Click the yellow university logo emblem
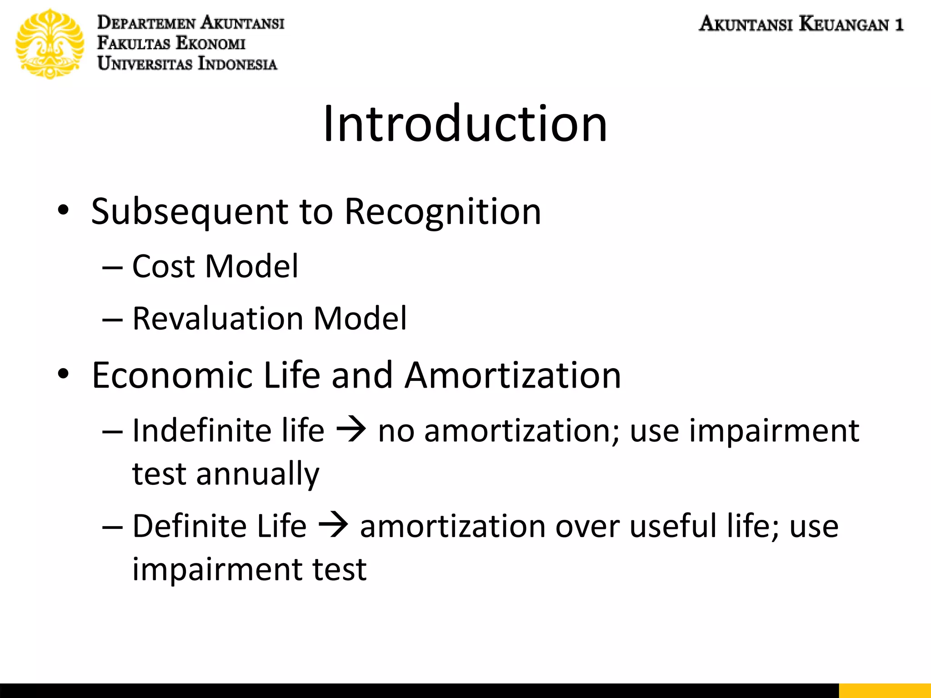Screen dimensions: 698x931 pyautogui.click(x=50, y=44)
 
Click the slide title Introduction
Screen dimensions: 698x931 pyautogui.click(x=465, y=124)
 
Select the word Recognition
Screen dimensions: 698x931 pyautogui.click(x=443, y=212)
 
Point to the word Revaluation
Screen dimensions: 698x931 pyautogui.click(x=217, y=319)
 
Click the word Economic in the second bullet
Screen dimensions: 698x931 pyautogui.click(x=172, y=375)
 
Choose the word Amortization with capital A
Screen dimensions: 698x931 pyautogui.click(x=513, y=375)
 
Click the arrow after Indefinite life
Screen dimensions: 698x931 pyautogui.click(x=351, y=429)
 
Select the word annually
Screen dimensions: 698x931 pyautogui.click(x=258, y=474)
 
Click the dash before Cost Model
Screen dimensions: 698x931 pyautogui.click(x=112, y=268)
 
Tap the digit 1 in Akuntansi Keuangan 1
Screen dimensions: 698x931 pyautogui.click(x=899, y=24)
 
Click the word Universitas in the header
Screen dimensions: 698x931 pyautogui.click(x=145, y=64)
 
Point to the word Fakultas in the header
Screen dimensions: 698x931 pyautogui.click(x=134, y=43)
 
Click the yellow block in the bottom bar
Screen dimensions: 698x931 pyautogui.click(x=885, y=690)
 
